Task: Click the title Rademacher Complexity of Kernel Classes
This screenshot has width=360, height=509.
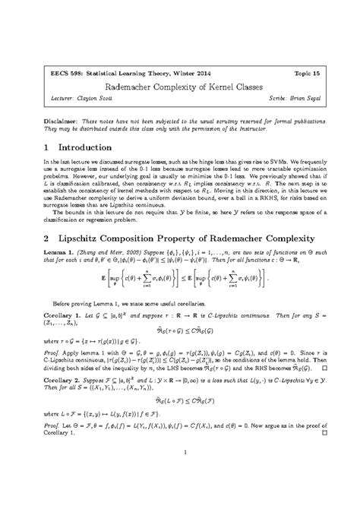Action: pos(179,90)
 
